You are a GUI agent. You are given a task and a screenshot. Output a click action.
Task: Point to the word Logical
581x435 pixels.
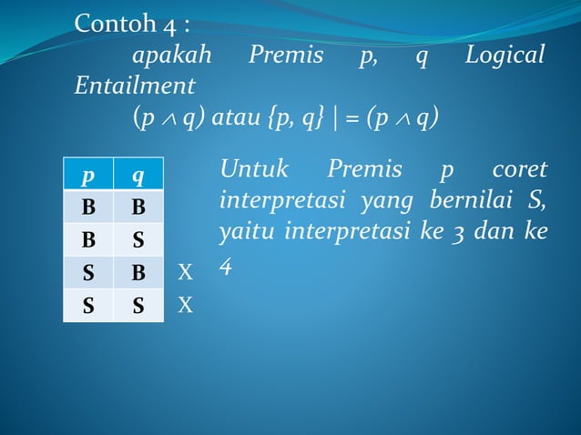point(505,56)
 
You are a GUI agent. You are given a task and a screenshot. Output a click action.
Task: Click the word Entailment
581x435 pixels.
point(135,86)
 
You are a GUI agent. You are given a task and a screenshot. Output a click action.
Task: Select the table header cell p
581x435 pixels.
point(88,175)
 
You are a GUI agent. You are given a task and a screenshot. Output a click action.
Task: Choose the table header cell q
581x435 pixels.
point(138,175)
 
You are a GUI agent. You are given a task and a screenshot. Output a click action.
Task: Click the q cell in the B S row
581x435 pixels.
point(138,240)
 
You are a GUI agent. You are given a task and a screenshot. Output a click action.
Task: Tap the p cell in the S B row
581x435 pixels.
point(88,273)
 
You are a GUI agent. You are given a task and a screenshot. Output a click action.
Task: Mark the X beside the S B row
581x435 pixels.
point(186,273)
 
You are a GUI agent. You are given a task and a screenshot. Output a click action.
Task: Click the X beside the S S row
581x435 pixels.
point(186,306)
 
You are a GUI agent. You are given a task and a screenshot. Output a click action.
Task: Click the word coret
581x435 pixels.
point(519,169)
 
